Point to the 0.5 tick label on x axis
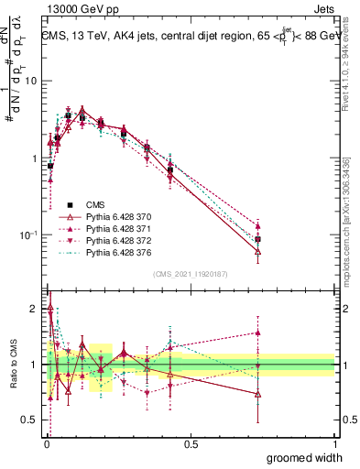[191, 443]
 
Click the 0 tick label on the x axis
[47, 443]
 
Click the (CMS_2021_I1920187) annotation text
[190, 274]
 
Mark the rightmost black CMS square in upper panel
[258, 239]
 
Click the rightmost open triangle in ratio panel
[258, 394]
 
